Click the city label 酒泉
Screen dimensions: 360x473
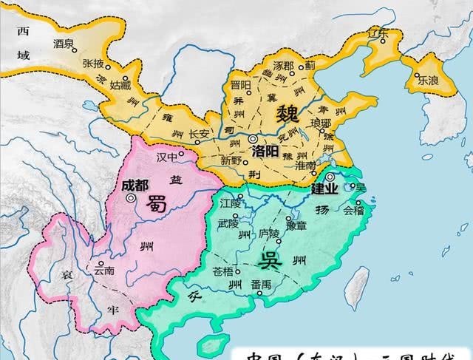pos(64,44)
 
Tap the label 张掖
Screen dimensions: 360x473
pos(92,63)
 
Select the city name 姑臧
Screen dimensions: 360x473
pos(120,86)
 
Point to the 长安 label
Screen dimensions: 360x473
pos(199,135)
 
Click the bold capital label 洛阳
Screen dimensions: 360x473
pos(265,151)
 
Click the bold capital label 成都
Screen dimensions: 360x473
pos(132,184)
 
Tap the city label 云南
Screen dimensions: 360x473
pos(103,271)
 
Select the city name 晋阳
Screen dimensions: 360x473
pos(241,86)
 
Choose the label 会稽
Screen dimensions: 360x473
pos(353,210)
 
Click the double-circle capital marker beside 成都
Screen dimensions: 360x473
pos(131,198)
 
